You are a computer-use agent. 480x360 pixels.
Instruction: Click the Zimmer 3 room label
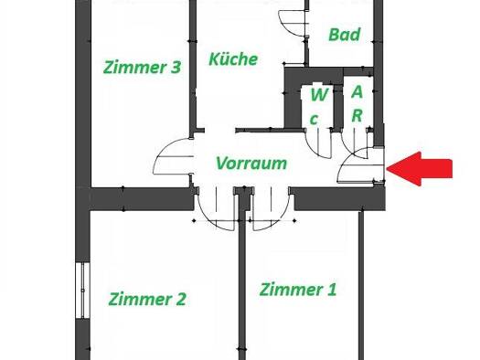(x=142, y=68)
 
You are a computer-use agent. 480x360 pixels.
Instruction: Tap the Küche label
(x=233, y=58)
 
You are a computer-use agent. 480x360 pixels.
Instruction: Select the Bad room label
(x=344, y=35)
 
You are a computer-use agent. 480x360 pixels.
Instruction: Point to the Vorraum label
(x=251, y=163)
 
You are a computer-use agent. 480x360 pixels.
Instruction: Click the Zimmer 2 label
(x=147, y=299)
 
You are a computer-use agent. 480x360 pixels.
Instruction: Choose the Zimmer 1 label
(x=298, y=290)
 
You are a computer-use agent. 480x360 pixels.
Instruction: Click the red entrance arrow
(x=420, y=168)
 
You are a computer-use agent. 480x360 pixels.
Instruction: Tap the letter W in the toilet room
(x=319, y=95)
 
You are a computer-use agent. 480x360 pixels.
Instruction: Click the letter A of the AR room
(x=357, y=91)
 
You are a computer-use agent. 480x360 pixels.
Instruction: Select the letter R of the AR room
(x=357, y=115)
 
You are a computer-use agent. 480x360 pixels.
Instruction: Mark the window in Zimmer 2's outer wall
(x=82, y=291)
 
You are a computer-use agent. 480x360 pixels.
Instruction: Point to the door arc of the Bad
(x=286, y=26)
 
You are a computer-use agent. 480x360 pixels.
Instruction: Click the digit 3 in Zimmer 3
(x=176, y=68)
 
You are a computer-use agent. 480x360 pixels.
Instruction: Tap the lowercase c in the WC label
(x=314, y=119)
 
